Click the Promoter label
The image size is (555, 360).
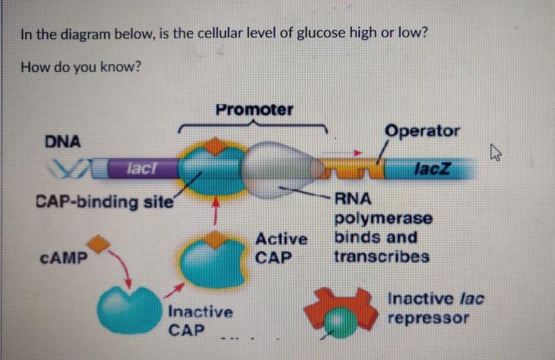pyautogui.click(x=254, y=109)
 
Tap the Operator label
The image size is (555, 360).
pyautogui.click(x=422, y=130)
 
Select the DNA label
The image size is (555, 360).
pyautogui.click(x=62, y=141)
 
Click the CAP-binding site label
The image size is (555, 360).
pyautogui.click(x=104, y=201)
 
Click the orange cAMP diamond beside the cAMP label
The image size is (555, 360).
pyautogui.click(x=99, y=246)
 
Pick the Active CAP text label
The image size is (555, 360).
pyautogui.click(x=281, y=248)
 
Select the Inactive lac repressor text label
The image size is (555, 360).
pyautogui.click(x=435, y=308)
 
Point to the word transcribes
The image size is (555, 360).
pyautogui.click(x=382, y=257)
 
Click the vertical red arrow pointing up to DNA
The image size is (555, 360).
pyautogui.click(x=216, y=212)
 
